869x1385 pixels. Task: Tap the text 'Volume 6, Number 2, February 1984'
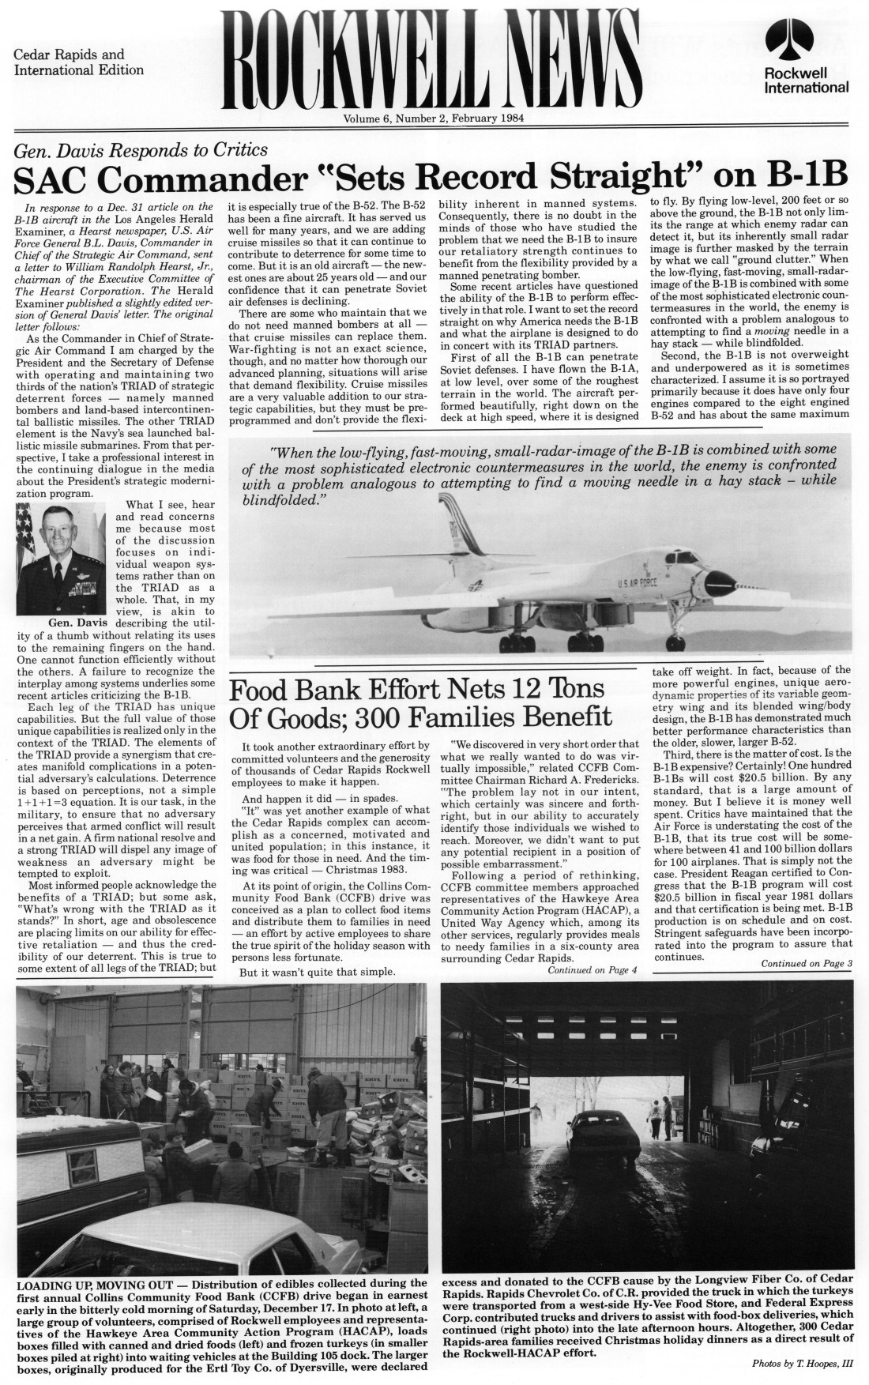434,119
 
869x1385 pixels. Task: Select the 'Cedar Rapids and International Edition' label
78,62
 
